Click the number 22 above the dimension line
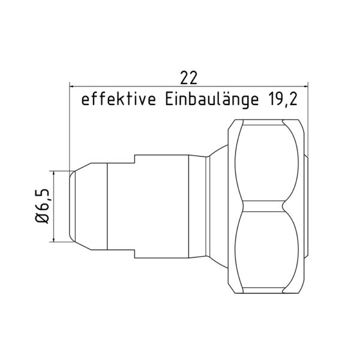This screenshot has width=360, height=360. [188, 77]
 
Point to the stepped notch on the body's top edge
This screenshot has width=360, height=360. [134, 159]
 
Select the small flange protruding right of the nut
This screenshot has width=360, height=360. [307, 207]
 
